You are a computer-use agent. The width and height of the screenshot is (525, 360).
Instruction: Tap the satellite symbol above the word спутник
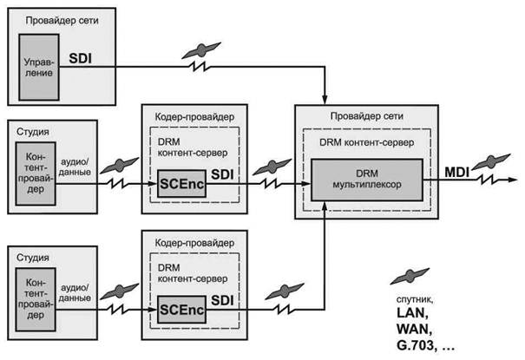(406, 276)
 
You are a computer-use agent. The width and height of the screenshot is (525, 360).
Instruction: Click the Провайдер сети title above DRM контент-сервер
(358, 118)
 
